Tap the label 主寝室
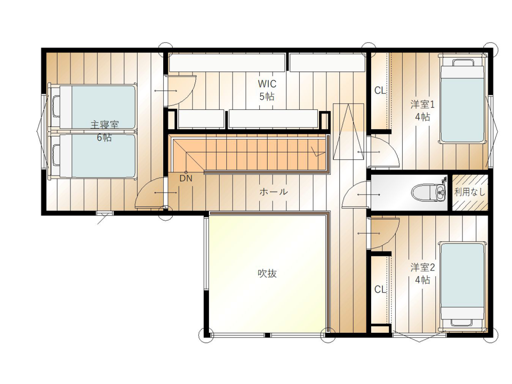[x=105, y=125]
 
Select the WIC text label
[x=267, y=84]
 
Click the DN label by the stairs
[x=186, y=178]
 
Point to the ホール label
[x=274, y=191]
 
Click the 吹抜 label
[x=267, y=273]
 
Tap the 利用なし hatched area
[x=470, y=193]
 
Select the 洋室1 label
[x=422, y=105]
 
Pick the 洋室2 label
[x=422, y=268]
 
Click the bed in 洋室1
[x=462, y=99]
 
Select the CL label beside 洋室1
[x=380, y=91]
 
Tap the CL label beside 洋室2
[x=380, y=289]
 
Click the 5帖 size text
[x=267, y=97]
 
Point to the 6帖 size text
[x=104, y=138]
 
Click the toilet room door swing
[x=356, y=195]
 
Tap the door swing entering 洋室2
[x=383, y=233]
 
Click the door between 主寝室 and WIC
[x=180, y=91]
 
